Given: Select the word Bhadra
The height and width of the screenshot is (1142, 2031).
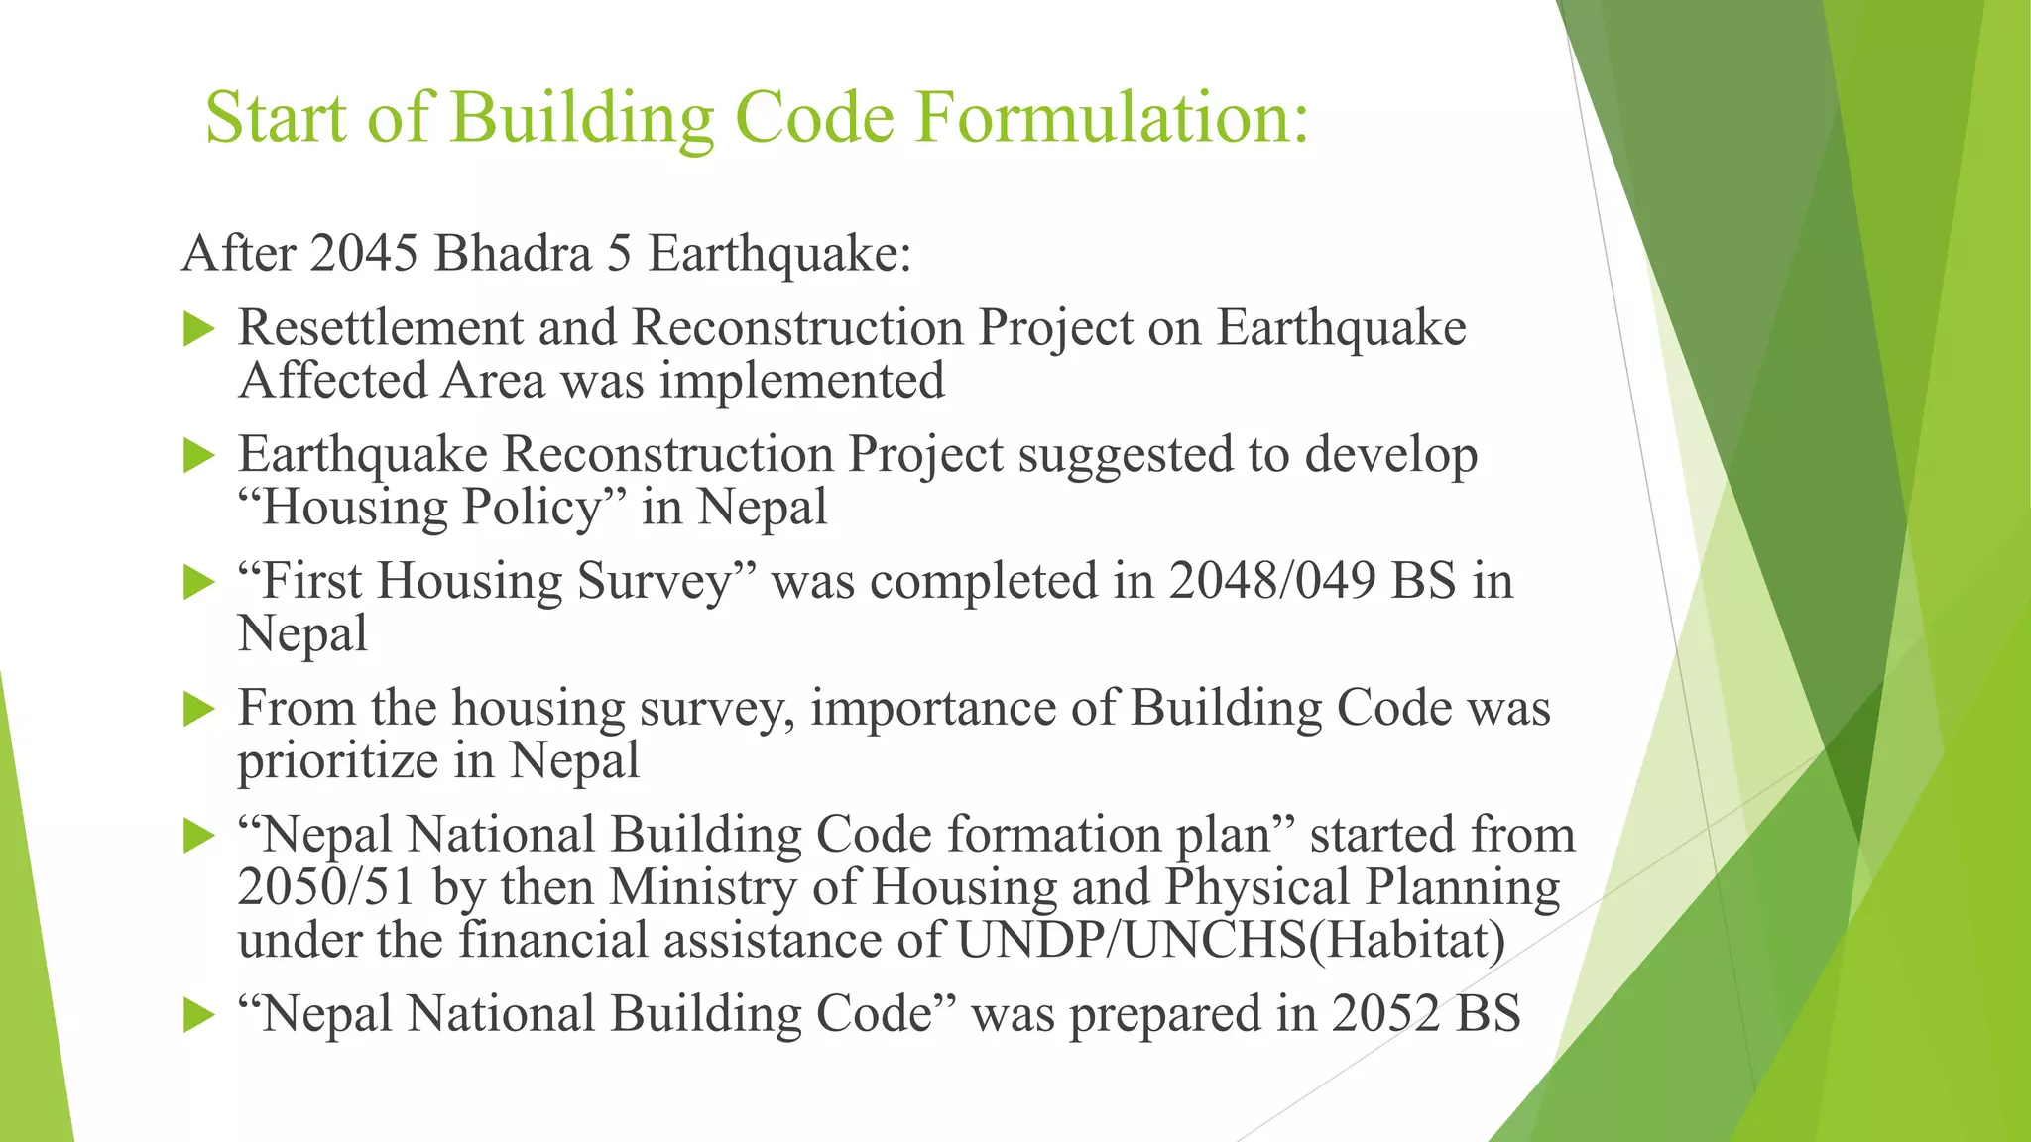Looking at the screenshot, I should [513, 253].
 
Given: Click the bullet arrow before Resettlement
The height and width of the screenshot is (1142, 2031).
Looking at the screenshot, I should [199, 330].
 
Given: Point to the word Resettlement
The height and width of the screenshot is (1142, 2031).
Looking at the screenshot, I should [379, 328].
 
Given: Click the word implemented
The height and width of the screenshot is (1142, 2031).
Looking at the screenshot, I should [801, 381].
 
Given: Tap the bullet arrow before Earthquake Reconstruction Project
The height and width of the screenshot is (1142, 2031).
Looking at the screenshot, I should [199, 457].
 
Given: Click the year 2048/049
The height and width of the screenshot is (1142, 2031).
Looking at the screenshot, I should [1271, 581].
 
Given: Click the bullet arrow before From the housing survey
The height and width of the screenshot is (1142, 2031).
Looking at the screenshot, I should [199, 710].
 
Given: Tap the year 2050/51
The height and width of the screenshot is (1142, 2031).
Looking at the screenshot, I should [325, 887].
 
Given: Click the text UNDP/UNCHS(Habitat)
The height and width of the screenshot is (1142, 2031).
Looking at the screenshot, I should [1231, 940].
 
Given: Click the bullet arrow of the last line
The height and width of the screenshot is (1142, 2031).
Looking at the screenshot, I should [199, 1016].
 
